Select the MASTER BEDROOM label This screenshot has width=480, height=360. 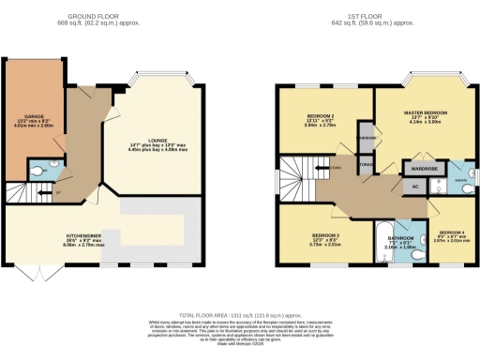pos(426,113)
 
